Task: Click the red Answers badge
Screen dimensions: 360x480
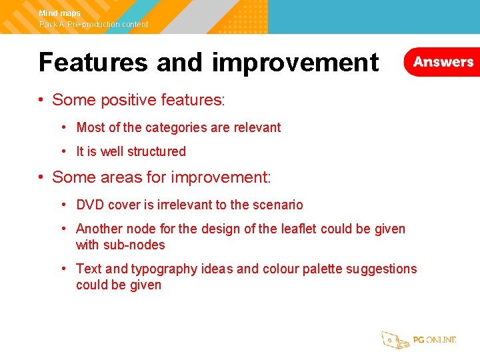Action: tap(443, 62)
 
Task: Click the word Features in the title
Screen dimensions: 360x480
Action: tap(93, 62)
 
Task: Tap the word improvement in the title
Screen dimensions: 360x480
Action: tap(295, 62)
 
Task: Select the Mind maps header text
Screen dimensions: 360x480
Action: tap(60, 13)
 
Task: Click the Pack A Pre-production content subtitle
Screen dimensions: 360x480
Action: tap(94, 25)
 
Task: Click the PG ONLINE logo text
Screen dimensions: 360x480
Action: tap(435, 340)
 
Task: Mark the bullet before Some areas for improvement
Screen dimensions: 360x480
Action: tap(41, 177)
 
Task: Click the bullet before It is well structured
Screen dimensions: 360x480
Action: tap(63, 151)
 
